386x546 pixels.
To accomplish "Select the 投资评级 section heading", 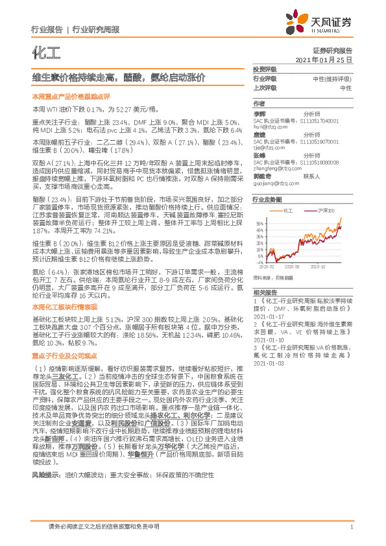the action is [x=264, y=69].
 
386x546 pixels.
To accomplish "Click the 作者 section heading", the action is [x=259, y=104].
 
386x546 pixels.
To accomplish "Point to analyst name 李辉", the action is [x=259, y=113].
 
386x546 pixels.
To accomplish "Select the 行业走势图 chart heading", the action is [x=267, y=200].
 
